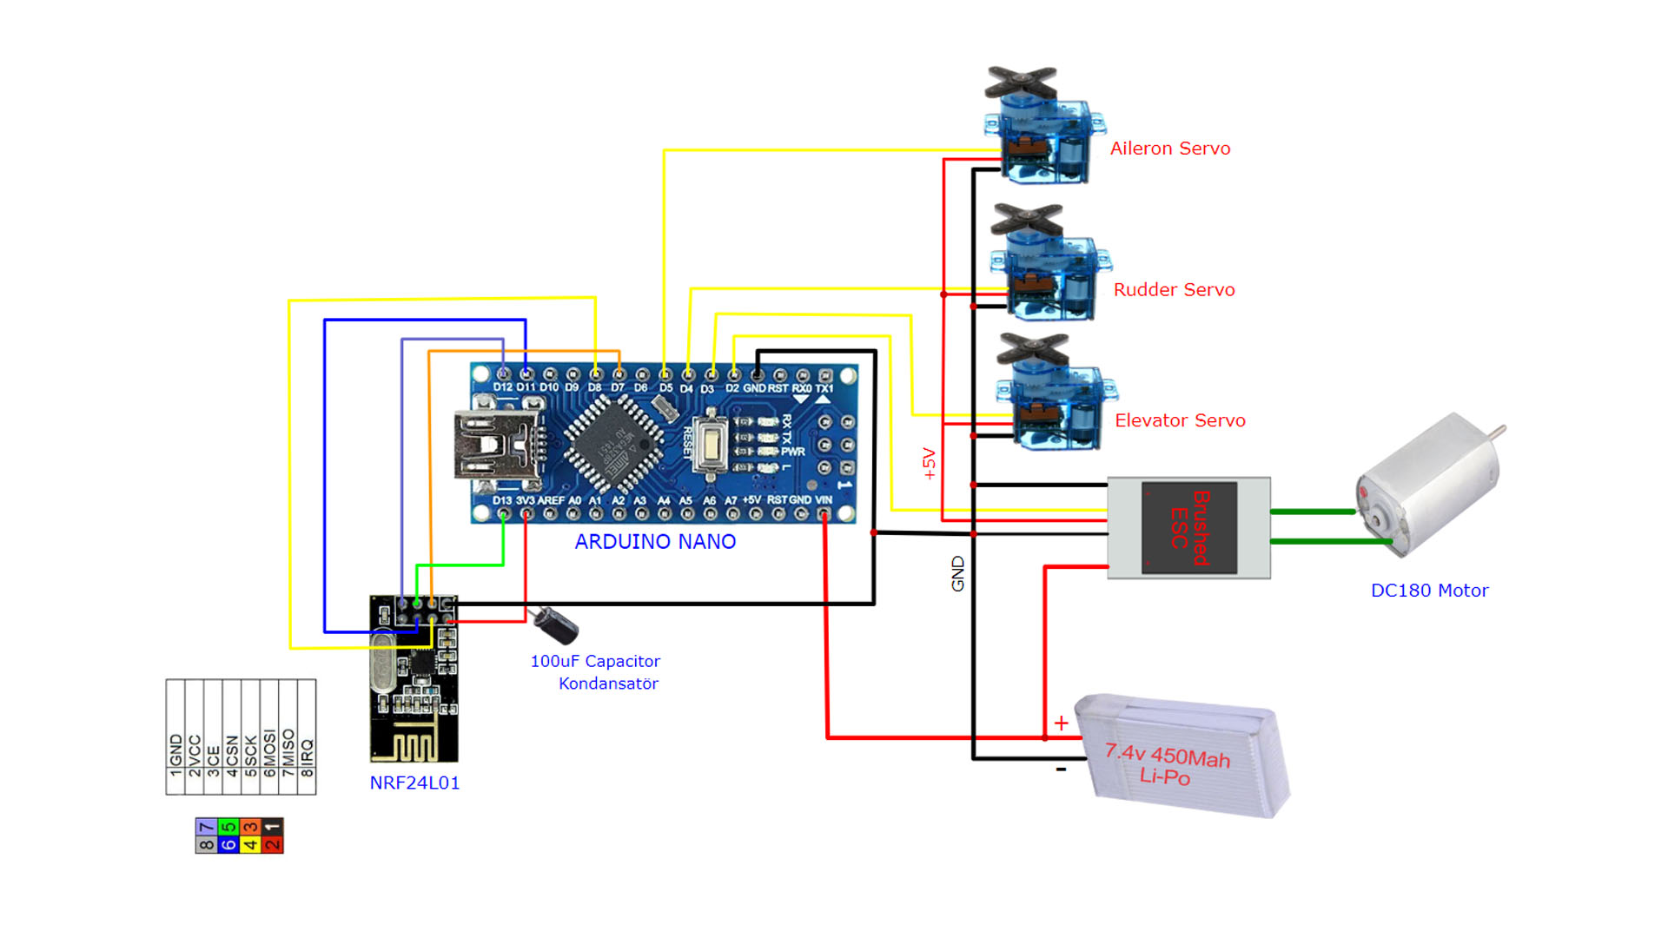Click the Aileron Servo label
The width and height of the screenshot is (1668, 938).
click(1169, 149)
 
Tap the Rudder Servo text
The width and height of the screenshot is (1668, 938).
click(1174, 290)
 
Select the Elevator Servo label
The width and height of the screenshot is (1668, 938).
click(1180, 420)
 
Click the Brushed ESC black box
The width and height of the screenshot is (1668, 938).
click(1188, 527)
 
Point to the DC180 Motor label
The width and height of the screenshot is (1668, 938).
click(1429, 591)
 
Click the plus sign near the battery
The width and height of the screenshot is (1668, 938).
click(1061, 723)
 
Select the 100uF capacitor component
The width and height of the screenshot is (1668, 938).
click(556, 624)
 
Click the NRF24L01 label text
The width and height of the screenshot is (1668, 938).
click(414, 783)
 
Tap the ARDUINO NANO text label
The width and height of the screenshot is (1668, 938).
click(655, 542)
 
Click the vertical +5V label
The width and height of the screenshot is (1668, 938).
click(930, 464)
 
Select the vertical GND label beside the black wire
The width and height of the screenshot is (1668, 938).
click(957, 574)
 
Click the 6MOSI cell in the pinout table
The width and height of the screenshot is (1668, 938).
click(269, 751)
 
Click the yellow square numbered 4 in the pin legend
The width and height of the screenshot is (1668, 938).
click(250, 844)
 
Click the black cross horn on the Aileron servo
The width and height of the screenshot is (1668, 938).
click(1021, 83)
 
